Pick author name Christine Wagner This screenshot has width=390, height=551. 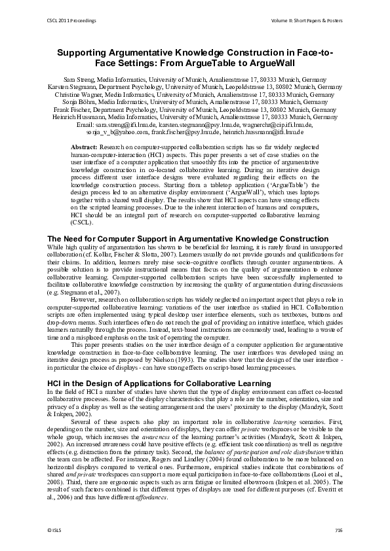point(77,94)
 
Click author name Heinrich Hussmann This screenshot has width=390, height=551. point(82,118)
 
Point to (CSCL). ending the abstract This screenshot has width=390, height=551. point(82,222)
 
